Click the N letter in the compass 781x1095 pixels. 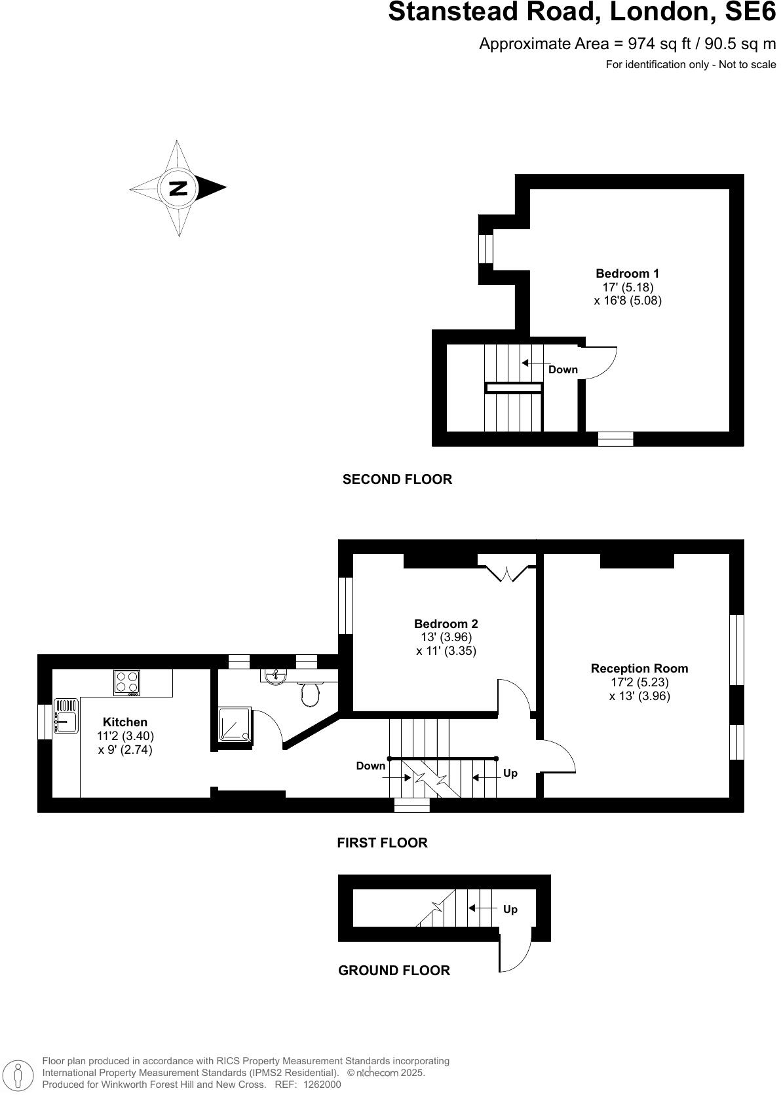[x=178, y=188]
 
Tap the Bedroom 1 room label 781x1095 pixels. [x=627, y=274]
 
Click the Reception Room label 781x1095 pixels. [x=639, y=669]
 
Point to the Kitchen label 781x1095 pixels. [x=124, y=722]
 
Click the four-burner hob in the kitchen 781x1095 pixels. [x=127, y=682]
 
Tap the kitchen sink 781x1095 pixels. [x=66, y=716]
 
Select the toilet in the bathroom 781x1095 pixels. [x=311, y=694]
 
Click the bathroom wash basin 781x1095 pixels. [x=276, y=675]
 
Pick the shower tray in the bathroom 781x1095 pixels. [x=235, y=724]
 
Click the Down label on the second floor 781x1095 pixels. [x=563, y=369]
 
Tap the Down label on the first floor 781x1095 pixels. [x=371, y=766]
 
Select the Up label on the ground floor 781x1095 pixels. [x=510, y=909]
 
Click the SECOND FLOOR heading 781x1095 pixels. [x=397, y=479]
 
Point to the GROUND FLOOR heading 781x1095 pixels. [x=394, y=971]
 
